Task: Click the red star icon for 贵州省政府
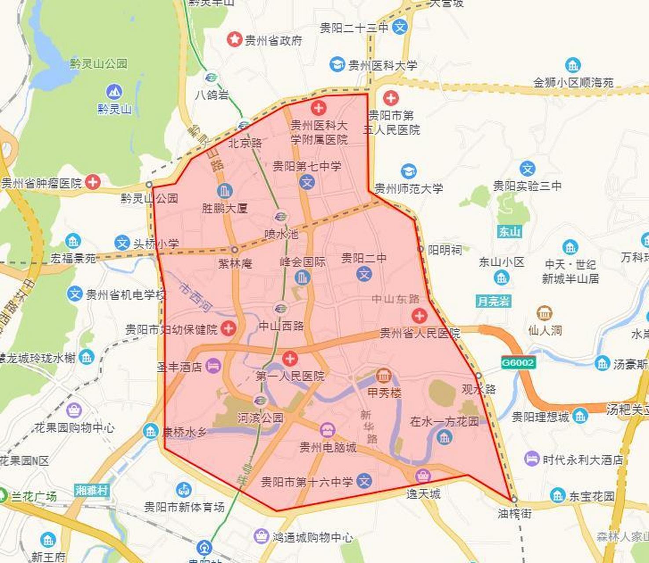pyautogui.click(x=235, y=40)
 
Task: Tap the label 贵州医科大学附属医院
pyautogui.click(x=319, y=132)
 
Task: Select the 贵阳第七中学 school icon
pyautogui.click(x=307, y=182)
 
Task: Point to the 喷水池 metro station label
pyautogui.click(x=281, y=234)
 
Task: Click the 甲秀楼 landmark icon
pyautogui.click(x=384, y=376)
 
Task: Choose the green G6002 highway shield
pyautogui.click(x=518, y=362)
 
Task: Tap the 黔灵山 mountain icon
pyautogui.click(x=114, y=92)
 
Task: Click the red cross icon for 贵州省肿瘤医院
pyautogui.click(x=92, y=182)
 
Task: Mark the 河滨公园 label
pyautogui.click(x=260, y=417)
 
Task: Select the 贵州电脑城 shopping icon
pyautogui.click(x=327, y=430)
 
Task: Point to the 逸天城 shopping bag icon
pyautogui.click(x=423, y=475)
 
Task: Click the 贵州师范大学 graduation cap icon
pyautogui.click(x=408, y=171)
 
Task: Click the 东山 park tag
pyautogui.click(x=510, y=231)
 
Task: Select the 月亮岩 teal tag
pyautogui.click(x=493, y=301)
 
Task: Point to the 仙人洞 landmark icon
pyautogui.click(x=544, y=313)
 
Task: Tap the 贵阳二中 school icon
pyautogui.click(x=364, y=274)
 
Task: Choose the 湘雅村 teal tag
pyautogui.click(x=92, y=490)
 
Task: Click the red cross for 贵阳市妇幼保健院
pyautogui.click(x=228, y=329)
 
